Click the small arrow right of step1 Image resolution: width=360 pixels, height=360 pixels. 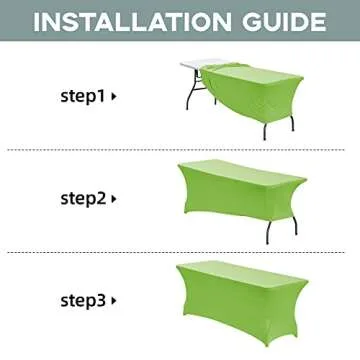114,97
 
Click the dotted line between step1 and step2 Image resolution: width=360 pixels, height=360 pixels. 180,150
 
